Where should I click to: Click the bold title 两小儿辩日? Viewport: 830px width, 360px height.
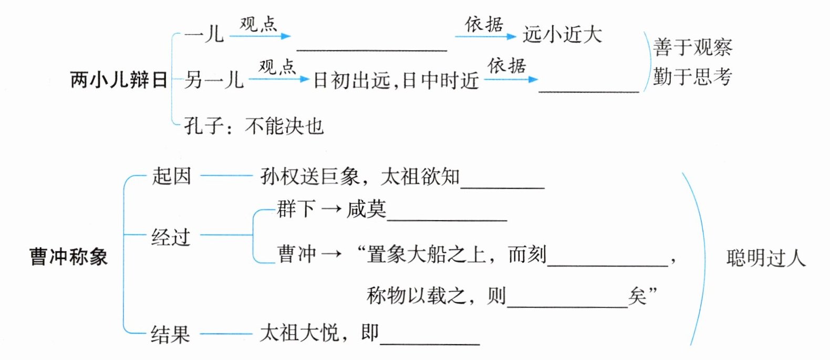click(x=119, y=80)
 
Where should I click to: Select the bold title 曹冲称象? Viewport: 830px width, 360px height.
click(x=68, y=256)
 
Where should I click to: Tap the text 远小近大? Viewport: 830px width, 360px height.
click(x=562, y=35)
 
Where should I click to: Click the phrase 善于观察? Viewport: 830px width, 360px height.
click(x=692, y=47)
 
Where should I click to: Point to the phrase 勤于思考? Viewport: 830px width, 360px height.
click(x=692, y=77)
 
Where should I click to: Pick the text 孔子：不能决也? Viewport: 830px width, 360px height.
click(x=254, y=126)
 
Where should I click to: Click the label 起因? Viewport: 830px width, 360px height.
click(x=171, y=176)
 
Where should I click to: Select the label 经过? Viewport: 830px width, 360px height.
click(x=171, y=237)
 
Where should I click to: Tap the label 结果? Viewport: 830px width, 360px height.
click(x=170, y=334)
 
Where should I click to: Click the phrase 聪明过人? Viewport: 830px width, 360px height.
click(x=766, y=258)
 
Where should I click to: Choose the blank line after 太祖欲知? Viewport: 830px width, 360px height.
click(x=502, y=188)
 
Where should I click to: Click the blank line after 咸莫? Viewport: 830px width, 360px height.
click(x=447, y=221)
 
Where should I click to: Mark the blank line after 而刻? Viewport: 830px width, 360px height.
click(x=608, y=266)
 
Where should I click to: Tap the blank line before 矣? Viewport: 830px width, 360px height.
click(x=568, y=307)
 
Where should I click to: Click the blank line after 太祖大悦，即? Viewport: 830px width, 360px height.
click(x=430, y=344)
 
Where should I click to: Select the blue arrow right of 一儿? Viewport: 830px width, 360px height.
click(x=260, y=36)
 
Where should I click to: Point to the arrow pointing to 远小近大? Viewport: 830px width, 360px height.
click(x=486, y=36)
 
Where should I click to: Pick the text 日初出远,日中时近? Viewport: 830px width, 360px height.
click(x=396, y=80)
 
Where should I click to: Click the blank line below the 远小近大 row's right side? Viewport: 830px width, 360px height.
click(x=589, y=91)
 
